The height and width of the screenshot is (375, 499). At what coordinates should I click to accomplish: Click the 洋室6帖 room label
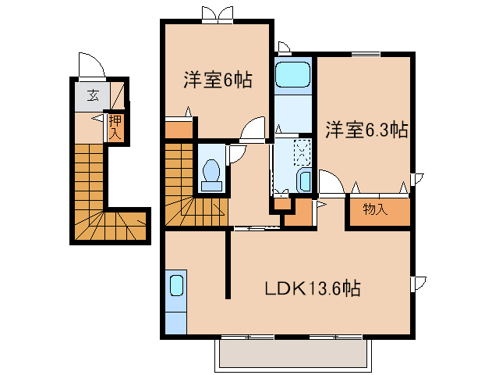(218, 80)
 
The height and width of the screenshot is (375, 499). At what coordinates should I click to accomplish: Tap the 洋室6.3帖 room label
(366, 130)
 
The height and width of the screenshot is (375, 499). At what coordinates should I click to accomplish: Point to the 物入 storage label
(376, 209)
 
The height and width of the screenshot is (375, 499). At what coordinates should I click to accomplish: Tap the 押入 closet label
(115, 126)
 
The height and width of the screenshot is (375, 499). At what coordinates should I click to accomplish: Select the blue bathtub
(294, 77)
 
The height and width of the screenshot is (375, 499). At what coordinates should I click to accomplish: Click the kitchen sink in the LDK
(176, 285)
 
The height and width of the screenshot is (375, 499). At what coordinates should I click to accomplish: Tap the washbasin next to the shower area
(304, 182)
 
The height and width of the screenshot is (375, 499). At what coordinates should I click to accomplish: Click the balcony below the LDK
(292, 355)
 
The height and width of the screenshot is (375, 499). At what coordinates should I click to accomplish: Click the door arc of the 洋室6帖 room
(253, 130)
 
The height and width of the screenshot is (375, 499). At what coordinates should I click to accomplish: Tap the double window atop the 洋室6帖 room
(217, 13)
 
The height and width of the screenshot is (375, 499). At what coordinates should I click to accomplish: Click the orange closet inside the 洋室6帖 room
(179, 128)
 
